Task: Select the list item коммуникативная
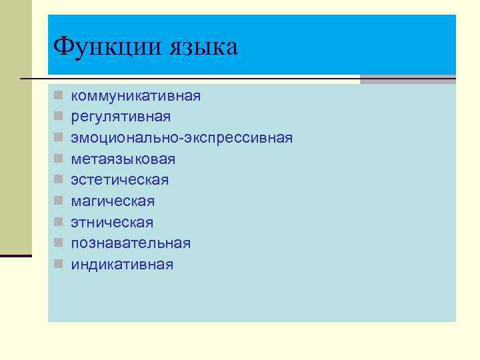[136, 96]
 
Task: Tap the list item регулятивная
[121, 117]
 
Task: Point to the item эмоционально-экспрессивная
[182, 138]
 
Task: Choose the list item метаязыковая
[123, 159]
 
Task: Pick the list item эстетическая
[120, 180]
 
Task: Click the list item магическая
[113, 201]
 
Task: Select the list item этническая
[112, 222]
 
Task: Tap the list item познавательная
[131, 243]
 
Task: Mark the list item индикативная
[122, 265]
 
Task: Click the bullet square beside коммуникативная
[59, 96]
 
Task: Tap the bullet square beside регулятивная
[59, 117]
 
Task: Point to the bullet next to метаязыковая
[59, 159]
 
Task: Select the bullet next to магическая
[59, 201]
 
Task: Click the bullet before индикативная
[59, 265]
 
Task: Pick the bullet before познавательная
[59, 243]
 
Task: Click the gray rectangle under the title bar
[407, 79]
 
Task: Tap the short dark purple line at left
[15, 255]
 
